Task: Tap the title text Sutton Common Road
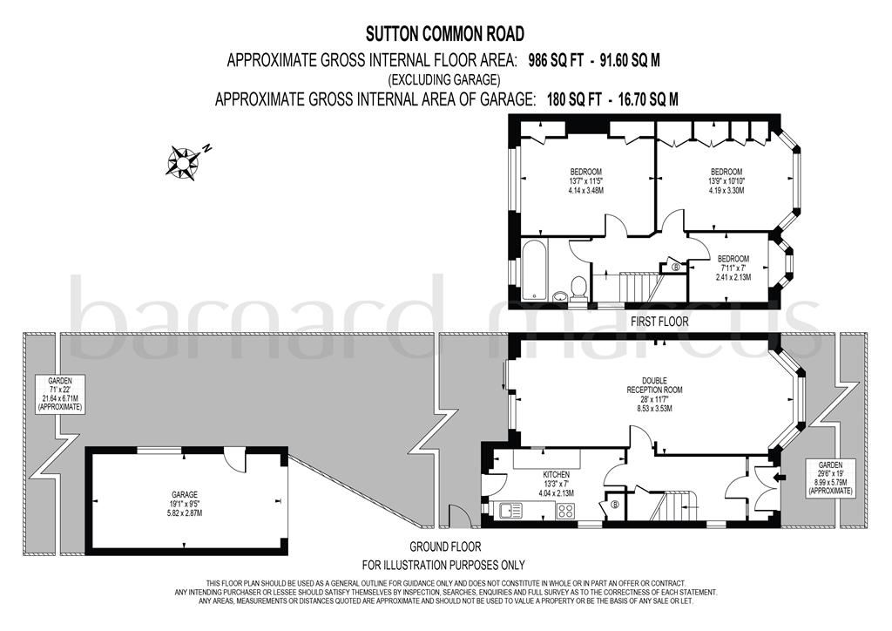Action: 444,35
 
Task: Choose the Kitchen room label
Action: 554,474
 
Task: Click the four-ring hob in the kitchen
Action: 566,512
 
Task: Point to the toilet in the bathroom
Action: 578,287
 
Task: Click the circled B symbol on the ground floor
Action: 614,504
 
